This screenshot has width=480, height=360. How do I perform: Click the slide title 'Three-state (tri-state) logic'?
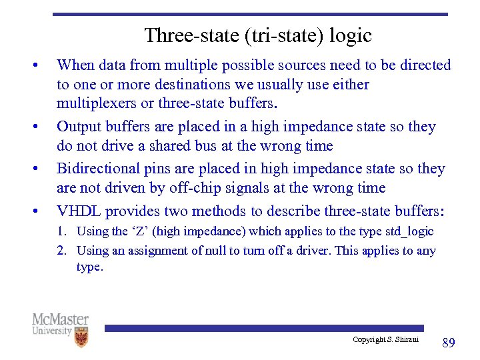click(x=257, y=35)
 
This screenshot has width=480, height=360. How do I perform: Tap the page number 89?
click(x=449, y=343)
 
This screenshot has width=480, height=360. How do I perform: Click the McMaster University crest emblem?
click(x=81, y=337)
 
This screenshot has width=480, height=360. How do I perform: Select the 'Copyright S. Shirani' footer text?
click(x=385, y=340)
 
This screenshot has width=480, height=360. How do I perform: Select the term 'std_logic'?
click(x=409, y=231)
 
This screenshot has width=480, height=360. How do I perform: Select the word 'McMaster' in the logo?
click(x=60, y=319)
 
